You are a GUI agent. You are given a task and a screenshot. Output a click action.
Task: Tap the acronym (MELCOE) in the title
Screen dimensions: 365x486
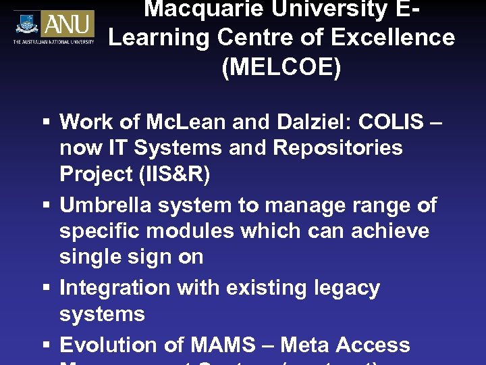point(281,68)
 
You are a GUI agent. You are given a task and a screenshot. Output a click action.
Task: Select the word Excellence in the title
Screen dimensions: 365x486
point(400,38)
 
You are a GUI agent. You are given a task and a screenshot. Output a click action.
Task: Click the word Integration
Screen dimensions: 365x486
point(114,288)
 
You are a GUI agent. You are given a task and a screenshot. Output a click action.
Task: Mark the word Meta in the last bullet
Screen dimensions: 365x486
point(304,345)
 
